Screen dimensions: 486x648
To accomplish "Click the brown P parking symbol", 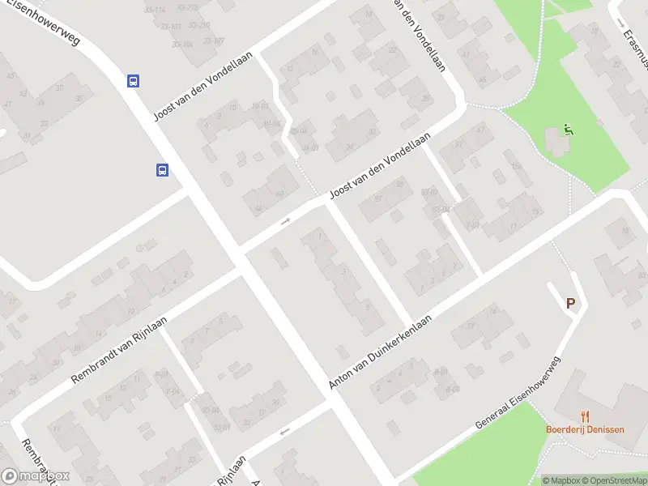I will click(570, 304).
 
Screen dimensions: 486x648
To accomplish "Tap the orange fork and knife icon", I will click(586, 416).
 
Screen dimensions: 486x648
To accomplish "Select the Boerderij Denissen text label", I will click(585, 429).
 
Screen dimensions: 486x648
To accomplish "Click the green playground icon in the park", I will click(569, 130).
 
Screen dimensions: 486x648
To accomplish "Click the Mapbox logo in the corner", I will click(36, 476).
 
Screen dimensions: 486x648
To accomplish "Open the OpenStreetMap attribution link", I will click(613, 480).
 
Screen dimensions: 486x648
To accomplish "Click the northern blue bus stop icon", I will click(133, 81).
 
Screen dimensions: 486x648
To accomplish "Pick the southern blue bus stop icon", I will click(163, 170).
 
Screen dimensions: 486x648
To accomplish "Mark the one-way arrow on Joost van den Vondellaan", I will click(285, 221).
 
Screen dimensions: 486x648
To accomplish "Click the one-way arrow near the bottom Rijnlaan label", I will click(283, 432).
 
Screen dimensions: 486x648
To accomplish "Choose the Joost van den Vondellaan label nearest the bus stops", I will click(204, 86).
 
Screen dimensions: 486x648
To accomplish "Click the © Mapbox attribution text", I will click(563, 480).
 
